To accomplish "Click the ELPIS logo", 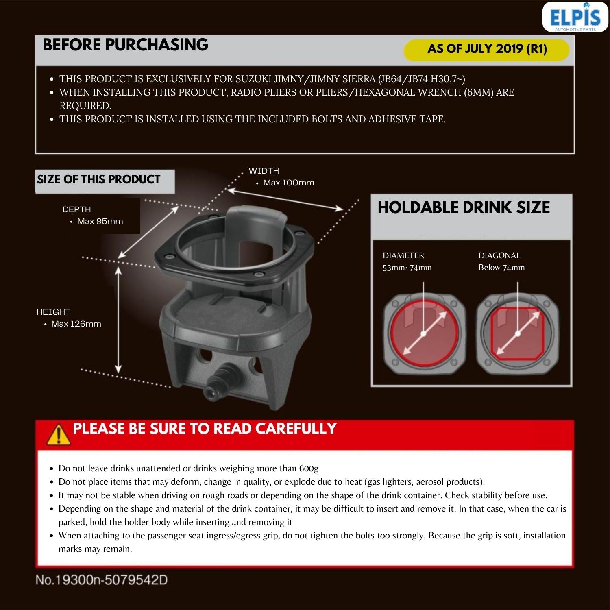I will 575,17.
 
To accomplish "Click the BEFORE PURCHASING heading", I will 125,45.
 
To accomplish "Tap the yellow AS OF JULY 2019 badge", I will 486,49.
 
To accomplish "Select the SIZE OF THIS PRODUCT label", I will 99,179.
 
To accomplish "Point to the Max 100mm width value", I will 288,183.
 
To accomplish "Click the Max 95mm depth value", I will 100,221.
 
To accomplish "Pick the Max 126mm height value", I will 76,324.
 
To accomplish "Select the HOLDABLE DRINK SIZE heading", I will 464,207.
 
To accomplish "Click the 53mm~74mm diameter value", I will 407,267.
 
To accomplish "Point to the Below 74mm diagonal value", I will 501,267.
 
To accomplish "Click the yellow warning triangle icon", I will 59,434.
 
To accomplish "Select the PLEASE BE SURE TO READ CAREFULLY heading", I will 205,429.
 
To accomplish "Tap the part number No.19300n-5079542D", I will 102,580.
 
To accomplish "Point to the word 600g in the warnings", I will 309,468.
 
